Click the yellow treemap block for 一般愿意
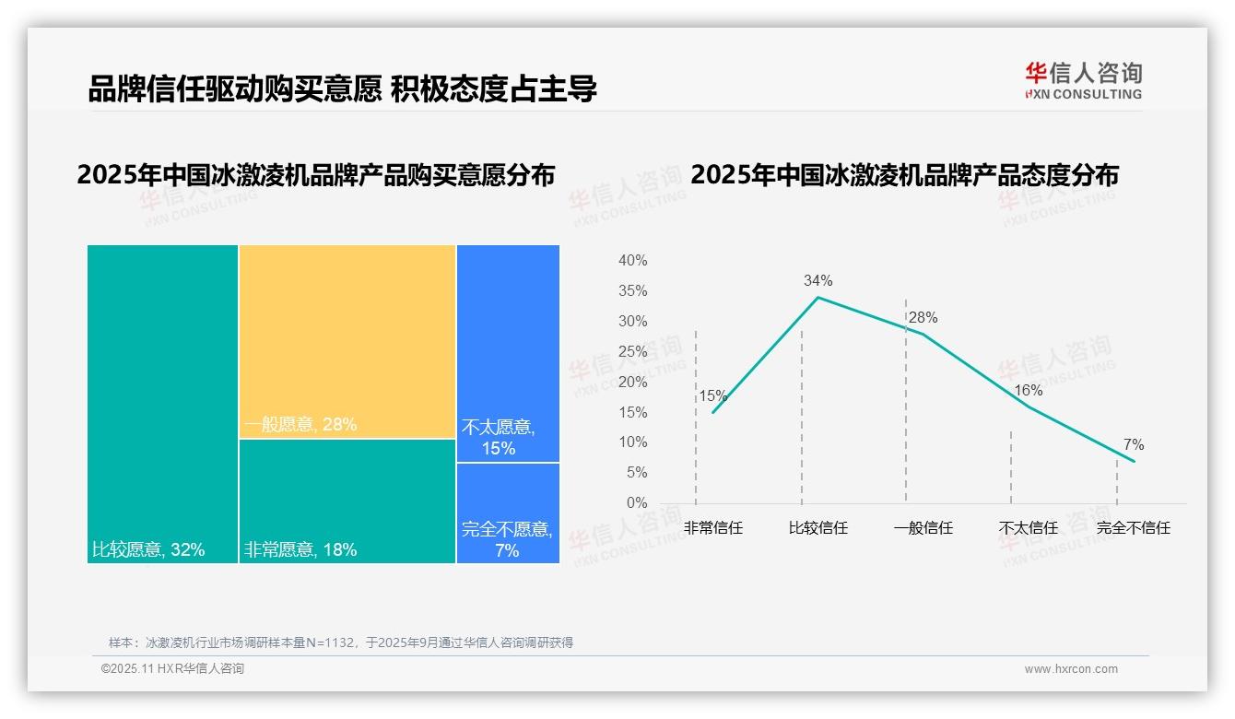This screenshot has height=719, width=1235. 347,341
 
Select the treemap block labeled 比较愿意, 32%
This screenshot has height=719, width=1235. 162,403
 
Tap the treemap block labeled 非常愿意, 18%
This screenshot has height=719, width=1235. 347,501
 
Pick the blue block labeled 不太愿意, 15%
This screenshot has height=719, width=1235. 508,353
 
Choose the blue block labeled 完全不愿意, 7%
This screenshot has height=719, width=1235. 508,513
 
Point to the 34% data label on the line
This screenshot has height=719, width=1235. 817,280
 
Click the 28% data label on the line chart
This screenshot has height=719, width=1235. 923,318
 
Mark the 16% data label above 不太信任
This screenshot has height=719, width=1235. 1028,391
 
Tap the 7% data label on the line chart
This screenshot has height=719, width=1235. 1133,445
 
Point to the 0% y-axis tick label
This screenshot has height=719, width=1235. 636,503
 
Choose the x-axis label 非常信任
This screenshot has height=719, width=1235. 712,528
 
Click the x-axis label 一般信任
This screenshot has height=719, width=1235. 923,528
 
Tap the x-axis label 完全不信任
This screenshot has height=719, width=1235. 1133,528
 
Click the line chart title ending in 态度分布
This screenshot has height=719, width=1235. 903,175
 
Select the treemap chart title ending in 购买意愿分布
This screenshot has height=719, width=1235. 316,175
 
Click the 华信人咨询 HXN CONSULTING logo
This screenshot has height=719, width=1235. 1083,81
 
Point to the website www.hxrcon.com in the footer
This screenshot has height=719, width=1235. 1070,669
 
